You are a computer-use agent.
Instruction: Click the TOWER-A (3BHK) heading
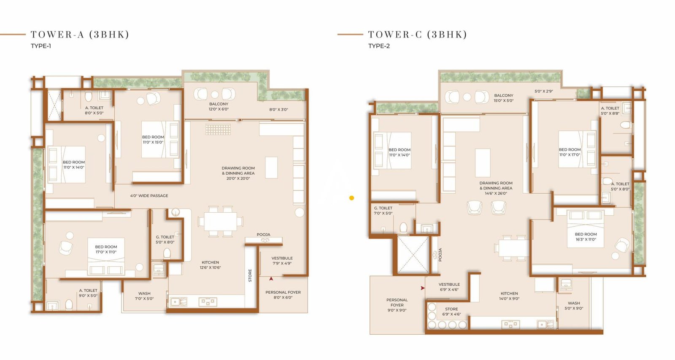pos(80,35)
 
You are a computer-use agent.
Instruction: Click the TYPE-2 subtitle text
pos(379,46)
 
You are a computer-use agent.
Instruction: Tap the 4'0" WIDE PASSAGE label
pos(149,196)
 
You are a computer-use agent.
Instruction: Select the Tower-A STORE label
pos(250,276)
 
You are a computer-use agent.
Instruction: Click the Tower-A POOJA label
pos(263,235)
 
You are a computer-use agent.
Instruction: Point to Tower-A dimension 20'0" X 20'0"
pos(238,179)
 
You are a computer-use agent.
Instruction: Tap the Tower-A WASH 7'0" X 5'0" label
pos(144,296)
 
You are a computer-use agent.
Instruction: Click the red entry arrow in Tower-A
pos(271,279)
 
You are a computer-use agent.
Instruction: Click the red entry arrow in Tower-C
pos(422,288)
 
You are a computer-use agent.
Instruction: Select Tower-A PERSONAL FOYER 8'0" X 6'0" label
pos(283,295)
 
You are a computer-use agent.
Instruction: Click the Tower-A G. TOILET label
pos(165,240)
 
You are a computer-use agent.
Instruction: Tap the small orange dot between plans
pos(351,198)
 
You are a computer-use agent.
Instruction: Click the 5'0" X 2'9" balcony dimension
pos(543,91)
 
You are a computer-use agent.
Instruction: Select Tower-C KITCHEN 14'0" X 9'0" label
pos(509,296)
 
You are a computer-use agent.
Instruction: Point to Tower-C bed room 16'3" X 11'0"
pos(586,237)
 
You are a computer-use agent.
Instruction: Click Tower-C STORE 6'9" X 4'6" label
pos(451,311)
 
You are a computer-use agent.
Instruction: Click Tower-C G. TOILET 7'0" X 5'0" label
pos(383,211)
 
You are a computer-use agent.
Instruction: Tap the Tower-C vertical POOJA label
pos(440,254)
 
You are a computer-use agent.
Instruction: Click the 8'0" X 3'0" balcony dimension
pos(278,109)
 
